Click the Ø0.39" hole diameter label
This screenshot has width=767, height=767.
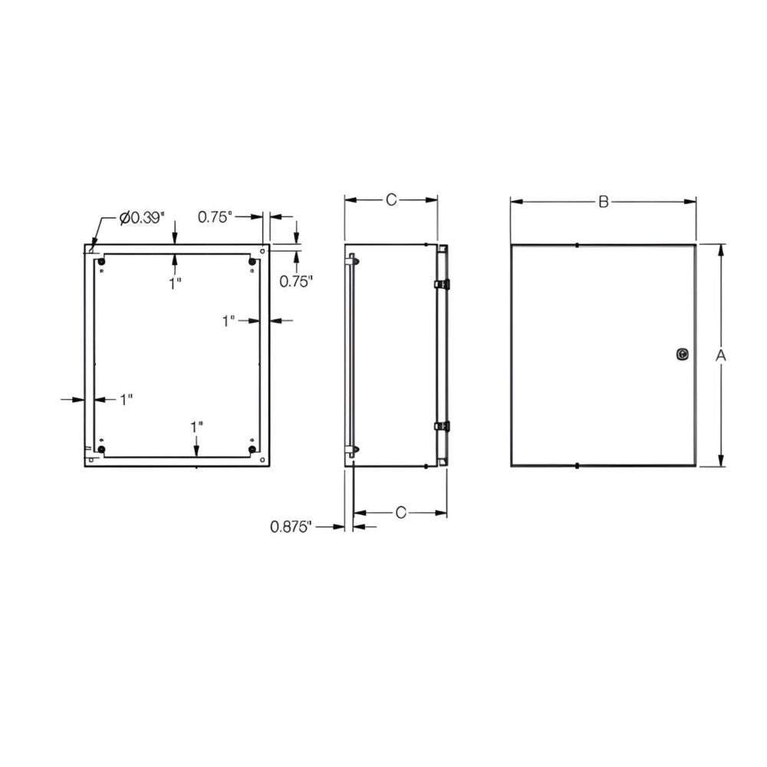pos(142,218)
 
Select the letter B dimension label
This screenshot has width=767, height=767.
pos(604,202)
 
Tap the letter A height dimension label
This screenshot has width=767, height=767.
pos(720,355)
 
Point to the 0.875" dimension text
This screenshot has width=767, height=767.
pos(291,526)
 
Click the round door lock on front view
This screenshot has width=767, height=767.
pos(683,354)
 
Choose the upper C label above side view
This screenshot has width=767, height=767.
pos(390,200)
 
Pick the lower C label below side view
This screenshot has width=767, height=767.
pos(400,513)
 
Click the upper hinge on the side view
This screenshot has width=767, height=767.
pos(441,285)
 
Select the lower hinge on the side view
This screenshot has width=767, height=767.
pos(441,426)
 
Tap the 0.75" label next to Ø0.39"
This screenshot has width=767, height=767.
pos(215,217)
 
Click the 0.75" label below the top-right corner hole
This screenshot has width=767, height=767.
pos(297,281)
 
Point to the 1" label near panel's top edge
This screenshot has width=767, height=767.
pos(176,283)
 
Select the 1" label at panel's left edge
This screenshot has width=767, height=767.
pos(127,399)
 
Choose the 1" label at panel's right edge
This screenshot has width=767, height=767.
pos(229,321)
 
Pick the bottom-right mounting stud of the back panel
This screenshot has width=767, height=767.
pos(252,449)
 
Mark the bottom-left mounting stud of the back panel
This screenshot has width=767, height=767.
pos(101,449)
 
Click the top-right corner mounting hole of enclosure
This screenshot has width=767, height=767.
pos(263,250)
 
